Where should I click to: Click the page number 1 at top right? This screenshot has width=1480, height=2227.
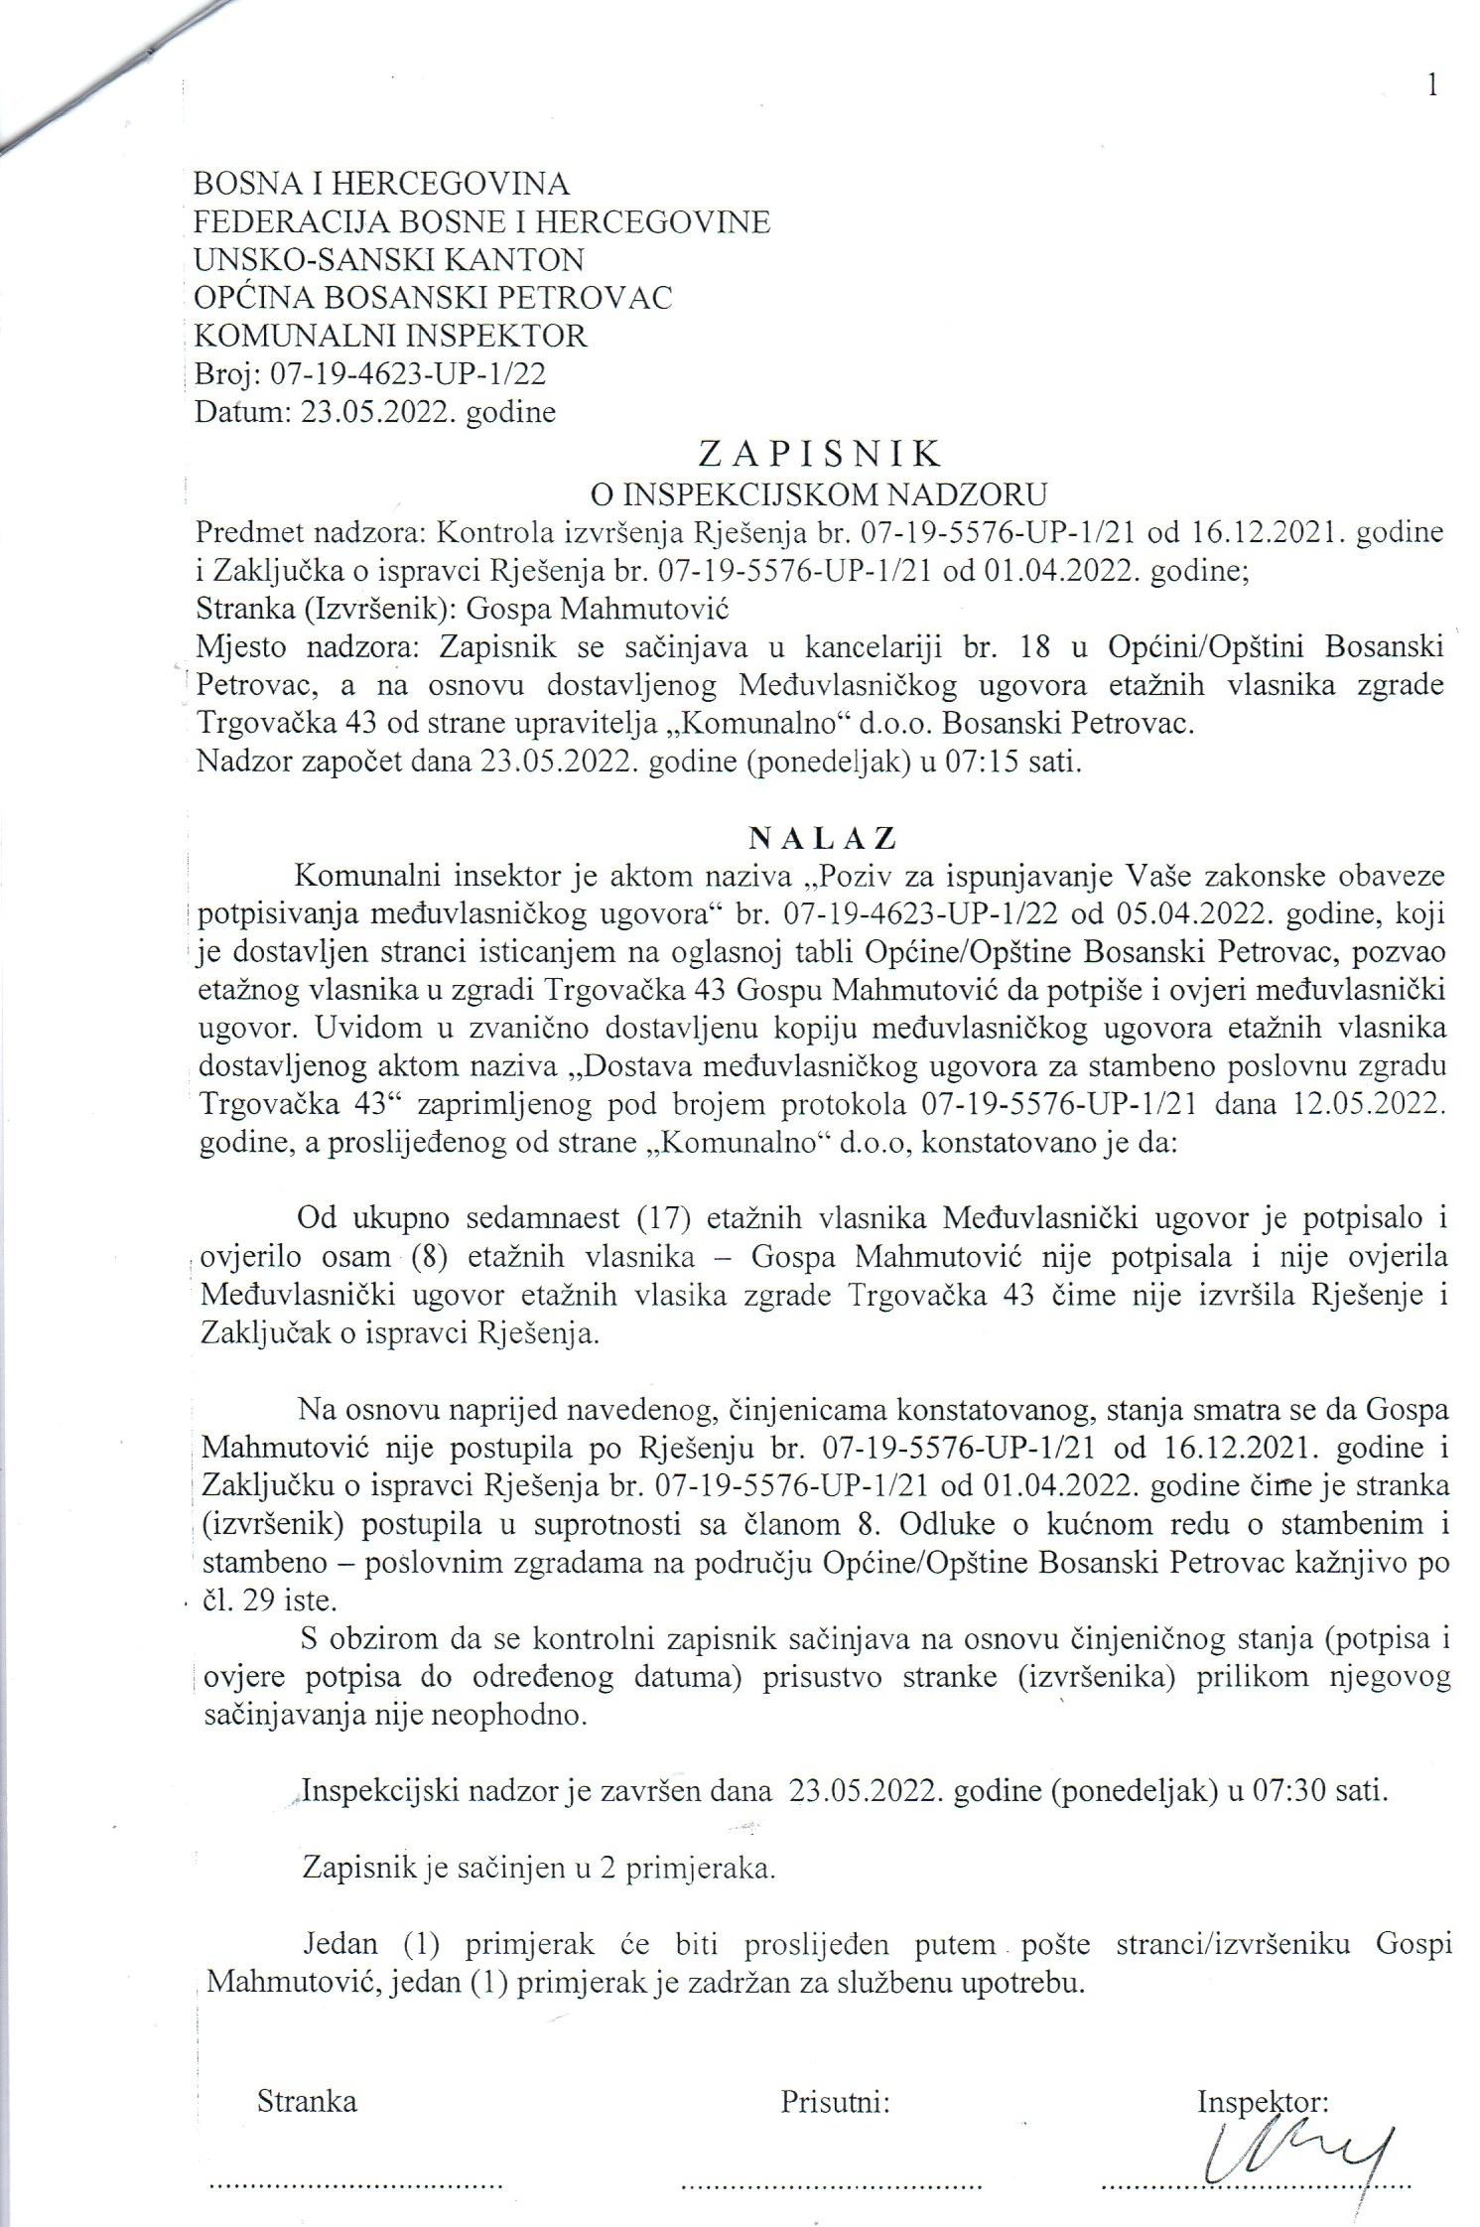tap(1431, 86)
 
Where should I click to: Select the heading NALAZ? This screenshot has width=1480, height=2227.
tap(822, 839)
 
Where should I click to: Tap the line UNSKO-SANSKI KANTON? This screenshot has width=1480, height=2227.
tap(389, 260)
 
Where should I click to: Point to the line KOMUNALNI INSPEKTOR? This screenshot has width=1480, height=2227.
tap(390, 336)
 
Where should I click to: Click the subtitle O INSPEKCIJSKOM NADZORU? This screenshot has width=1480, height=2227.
tap(819, 493)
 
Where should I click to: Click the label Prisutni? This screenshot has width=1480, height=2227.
tap(834, 2101)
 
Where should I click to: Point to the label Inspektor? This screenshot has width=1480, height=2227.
tap(1263, 2101)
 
